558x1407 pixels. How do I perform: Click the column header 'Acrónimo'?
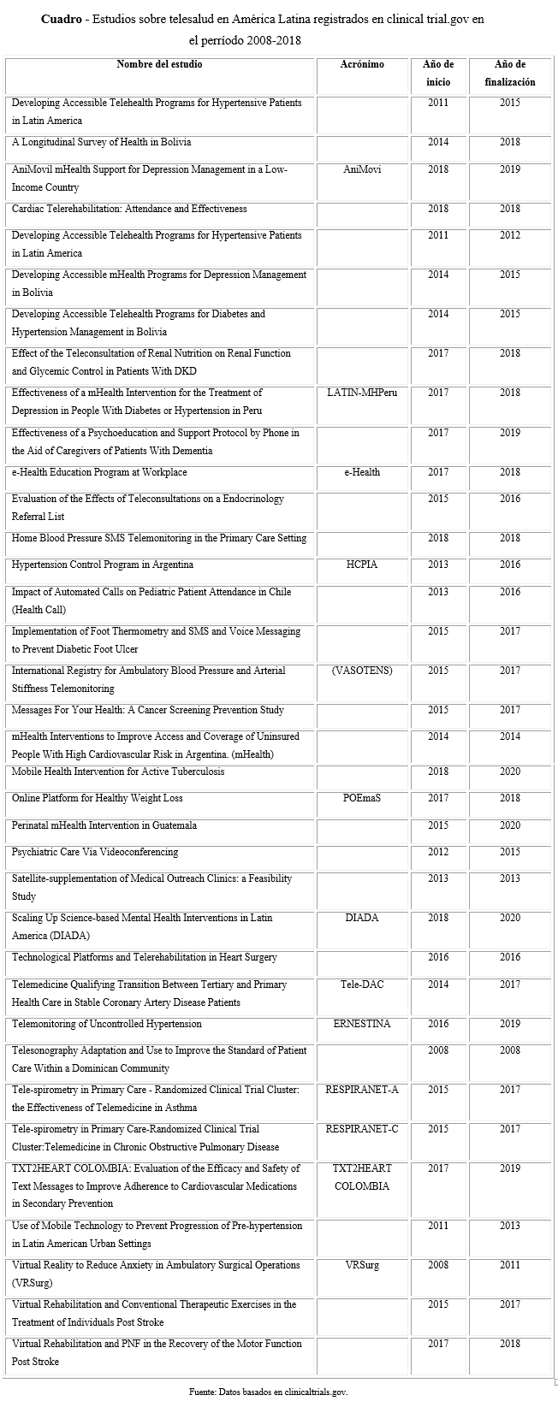(362, 64)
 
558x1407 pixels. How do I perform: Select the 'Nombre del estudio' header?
(159, 64)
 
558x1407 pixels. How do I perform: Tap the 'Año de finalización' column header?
(509, 74)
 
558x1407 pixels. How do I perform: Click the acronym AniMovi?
(362, 169)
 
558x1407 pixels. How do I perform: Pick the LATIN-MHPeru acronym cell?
(362, 393)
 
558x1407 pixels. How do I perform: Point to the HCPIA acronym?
(362, 565)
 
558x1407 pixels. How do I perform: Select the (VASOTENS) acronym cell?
(362, 671)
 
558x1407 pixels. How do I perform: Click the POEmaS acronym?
(362, 798)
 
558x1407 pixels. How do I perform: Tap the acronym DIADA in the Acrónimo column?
(362, 918)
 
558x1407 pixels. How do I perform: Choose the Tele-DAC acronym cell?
(362, 984)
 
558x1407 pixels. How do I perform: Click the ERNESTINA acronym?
(362, 1024)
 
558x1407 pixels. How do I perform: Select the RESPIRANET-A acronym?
(362, 1090)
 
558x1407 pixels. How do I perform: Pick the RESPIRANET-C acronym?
(362, 1129)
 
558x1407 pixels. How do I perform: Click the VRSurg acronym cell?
(362, 1265)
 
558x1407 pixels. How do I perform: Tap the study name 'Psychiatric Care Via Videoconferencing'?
(95, 852)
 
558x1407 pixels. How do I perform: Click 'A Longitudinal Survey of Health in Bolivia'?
(101, 142)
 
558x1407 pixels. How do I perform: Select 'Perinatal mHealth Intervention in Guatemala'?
(104, 825)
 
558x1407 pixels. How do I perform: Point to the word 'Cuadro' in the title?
(61, 19)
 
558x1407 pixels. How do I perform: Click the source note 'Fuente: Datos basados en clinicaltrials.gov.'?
(269, 1392)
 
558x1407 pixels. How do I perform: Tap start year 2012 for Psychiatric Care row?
(438, 852)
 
